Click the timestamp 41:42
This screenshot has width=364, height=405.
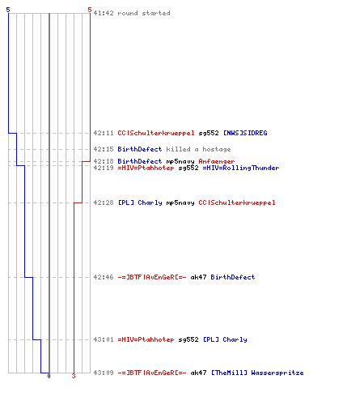pyautogui.click(x=104, y=13)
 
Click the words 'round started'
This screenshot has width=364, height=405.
pyautogui.click(x=144, y=13)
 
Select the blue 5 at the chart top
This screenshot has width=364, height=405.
pyautogui.click(x=8, y=10)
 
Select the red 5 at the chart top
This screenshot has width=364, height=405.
pyautogui.click(x=90, y=10)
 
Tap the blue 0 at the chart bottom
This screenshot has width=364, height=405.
pyautogui.click(x=49, y=376)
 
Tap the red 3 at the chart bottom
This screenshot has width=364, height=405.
pyautogui.click(x=74, y=376)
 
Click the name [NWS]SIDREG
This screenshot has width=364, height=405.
pyautogui.click(x=245, y=133)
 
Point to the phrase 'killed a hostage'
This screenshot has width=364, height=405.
pyautogui.click(x=198, y=149)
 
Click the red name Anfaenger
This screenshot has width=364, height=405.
pyautogui.click(x=217, y=161)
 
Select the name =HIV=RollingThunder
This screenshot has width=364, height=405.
pyautogui.click(x=241, y=168)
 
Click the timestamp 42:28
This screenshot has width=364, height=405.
pyautogui.click(x=104, y=202)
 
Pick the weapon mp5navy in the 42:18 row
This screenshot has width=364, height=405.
pyautogui.click(x=180, y=161)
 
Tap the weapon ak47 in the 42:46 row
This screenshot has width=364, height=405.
pyautogui.click(x=198, y=277)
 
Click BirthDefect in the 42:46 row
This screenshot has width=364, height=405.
pyautogui.click(x=233, y=277)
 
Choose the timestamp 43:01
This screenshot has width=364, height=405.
pyautogui.click(x=104, y=339)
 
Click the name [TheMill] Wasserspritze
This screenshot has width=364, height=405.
pyautogui.click(x=257, y=373)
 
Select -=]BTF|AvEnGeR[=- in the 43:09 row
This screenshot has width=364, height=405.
pyautogui.click(x=152, y=373)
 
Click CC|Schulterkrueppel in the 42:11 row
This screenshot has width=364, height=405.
pyautogui.click(x=156, y=133)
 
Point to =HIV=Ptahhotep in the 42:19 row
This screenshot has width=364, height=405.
pyautogui.click(x=146, y=168)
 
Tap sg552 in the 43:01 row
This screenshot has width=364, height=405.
pyautogui.click(x=188, y=339)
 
